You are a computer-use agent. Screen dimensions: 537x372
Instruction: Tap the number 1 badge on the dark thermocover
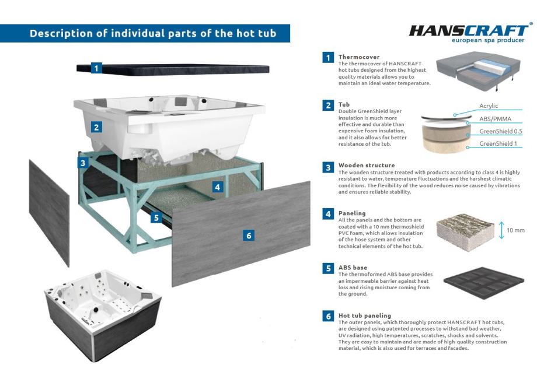point(96,68)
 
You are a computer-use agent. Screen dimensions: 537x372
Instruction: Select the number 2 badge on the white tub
point(96,127)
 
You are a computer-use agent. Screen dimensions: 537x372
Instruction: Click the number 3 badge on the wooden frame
point(83,163)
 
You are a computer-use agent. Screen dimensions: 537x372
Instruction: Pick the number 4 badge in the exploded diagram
point(218,187)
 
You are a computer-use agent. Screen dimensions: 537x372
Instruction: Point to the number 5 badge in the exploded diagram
point(156,217)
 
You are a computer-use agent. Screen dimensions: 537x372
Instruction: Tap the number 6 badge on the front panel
point(249,236)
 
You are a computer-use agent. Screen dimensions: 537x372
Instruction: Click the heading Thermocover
point(359,57)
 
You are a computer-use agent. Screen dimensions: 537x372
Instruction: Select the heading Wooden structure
point(367,165)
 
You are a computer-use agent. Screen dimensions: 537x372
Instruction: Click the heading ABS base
point(353,268)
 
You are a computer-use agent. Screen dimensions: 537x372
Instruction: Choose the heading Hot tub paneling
point(365,315)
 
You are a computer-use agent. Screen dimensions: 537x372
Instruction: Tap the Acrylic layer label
point(489,106)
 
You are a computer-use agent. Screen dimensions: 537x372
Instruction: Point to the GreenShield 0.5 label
point(501,131)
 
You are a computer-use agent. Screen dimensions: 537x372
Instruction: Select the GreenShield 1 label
point(498,143)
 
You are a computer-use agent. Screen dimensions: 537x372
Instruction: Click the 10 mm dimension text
point(515,230)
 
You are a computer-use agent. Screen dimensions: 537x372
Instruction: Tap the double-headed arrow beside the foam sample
point(501,230)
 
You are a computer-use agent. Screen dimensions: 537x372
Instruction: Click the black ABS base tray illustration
point(483,283)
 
